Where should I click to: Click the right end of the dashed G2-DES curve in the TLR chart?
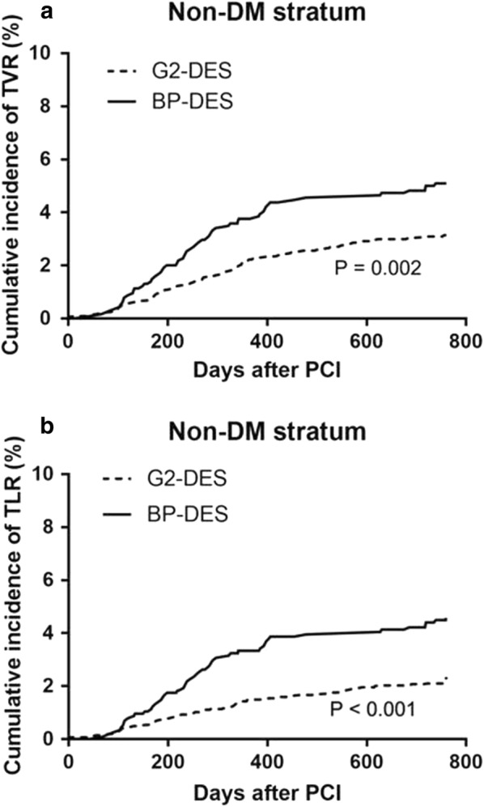click(446, 677)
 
